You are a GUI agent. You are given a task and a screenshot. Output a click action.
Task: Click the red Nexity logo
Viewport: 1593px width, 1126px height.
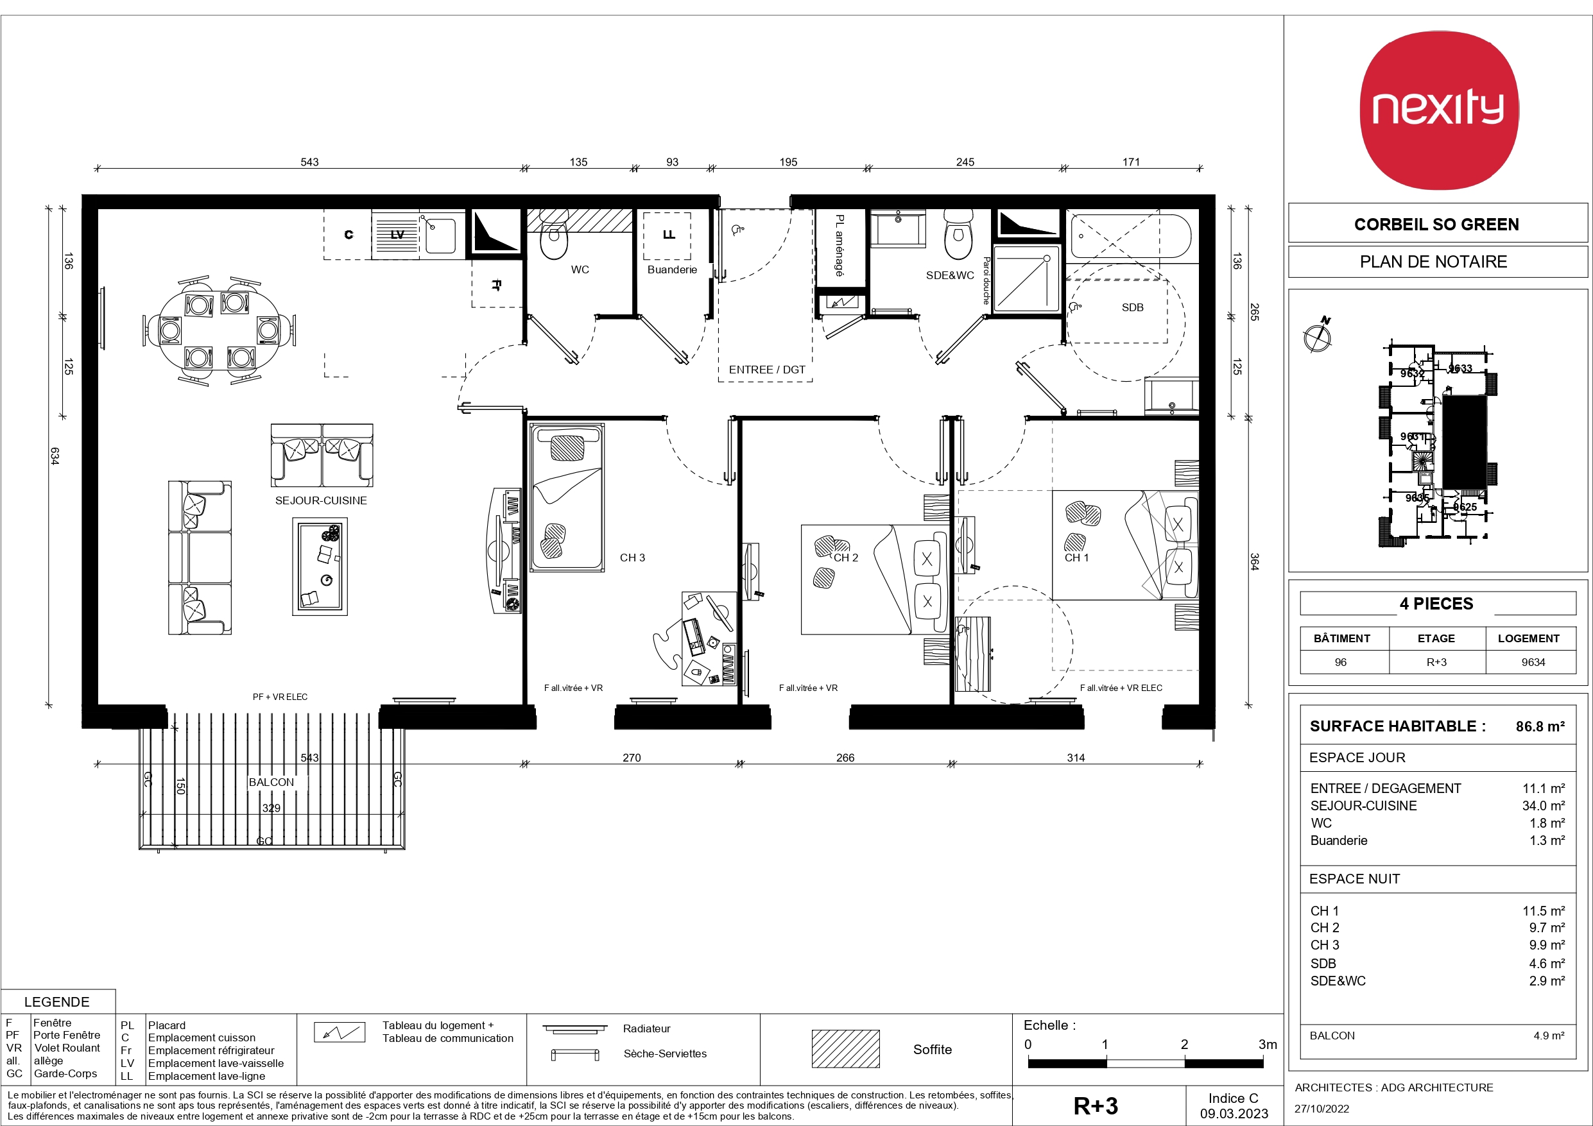tap(1439, 110)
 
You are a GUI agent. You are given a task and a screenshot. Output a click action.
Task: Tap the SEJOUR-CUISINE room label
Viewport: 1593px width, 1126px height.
tap(320, 500)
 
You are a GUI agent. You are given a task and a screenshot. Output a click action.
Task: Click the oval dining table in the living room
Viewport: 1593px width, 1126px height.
tap(220, 330)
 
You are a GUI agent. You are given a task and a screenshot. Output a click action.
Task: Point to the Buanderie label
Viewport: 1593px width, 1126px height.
tap(671, 269)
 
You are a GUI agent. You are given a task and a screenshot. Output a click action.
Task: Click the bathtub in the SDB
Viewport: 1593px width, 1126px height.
tap(1131, 236)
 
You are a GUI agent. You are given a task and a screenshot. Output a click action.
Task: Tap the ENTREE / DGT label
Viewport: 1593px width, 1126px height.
tap(767, 370)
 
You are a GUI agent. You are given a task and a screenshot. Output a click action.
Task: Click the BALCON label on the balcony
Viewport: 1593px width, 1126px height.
tap(271, 782)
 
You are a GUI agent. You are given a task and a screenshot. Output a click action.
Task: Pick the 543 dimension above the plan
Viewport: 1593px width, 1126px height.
tap(309, 162)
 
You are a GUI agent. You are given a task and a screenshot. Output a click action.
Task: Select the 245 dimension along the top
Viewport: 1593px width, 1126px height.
tap(965, 162)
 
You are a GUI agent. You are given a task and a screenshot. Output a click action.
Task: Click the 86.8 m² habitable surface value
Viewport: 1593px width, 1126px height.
tap(1540, 726)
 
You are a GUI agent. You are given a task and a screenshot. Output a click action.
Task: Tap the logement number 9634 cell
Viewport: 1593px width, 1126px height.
tap(1533, 662)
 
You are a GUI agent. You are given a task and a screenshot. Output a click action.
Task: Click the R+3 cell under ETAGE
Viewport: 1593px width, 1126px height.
tap(1436, 662)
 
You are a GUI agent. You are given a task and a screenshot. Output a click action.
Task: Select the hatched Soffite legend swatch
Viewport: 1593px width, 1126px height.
tap(845, 1048)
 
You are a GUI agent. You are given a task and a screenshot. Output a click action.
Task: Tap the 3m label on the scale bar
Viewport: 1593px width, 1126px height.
tap(1268, 1044)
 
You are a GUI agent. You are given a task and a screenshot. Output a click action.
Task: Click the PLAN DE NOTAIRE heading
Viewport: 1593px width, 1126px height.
tap(1433, 262)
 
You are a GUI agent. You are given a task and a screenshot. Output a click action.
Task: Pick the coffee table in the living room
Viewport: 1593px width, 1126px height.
tap(320, 566)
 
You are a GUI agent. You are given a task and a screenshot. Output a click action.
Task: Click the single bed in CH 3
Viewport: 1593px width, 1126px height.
tap(567, 497)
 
